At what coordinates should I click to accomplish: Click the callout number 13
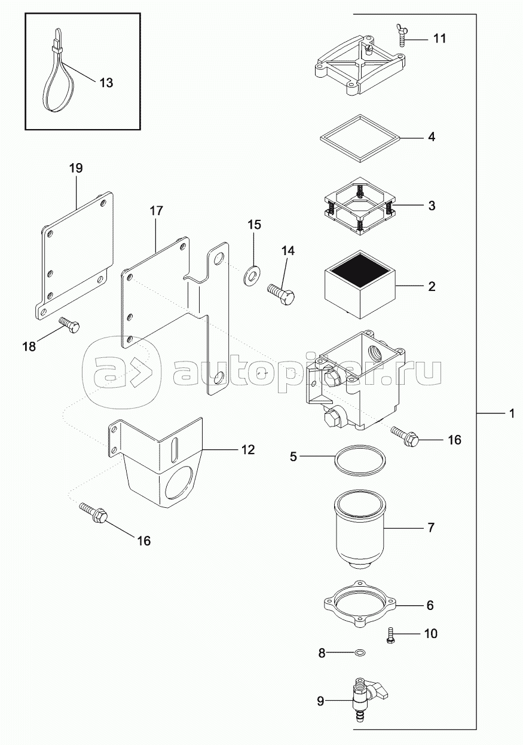tap(106, 83)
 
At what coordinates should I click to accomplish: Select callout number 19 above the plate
tap(75, 168)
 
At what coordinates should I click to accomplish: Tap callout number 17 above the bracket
tap(156, 211)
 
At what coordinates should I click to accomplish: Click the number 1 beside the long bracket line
tap(512, 413)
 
